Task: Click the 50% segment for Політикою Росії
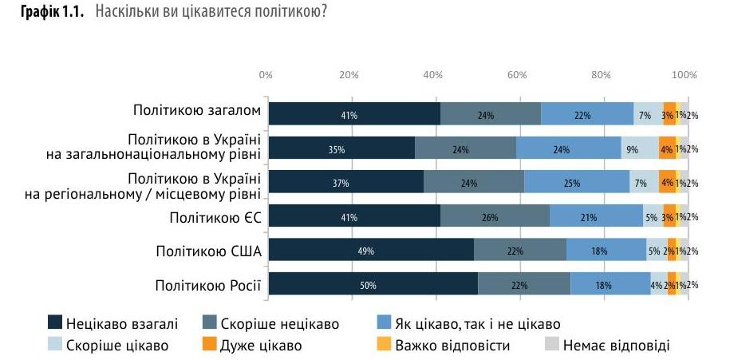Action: (x=373, y=285)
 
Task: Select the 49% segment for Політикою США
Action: (x=371, y=251)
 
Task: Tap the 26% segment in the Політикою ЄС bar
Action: (x=495, y=216)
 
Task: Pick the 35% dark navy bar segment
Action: (x=341, y=148)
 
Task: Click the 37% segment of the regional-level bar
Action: (x=345, y=182)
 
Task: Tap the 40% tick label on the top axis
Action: (x=432, y=75)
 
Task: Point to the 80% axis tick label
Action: (x=601, y=75)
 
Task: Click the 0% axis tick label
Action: (x=266, y=75)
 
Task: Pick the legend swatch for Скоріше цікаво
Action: (x=56, y=346)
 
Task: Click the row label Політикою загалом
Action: (x=196, y=113)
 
